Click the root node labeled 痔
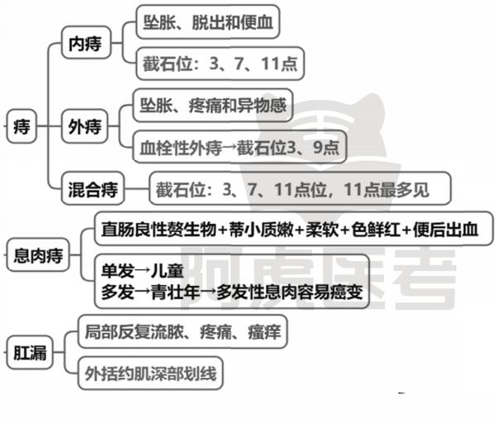22,126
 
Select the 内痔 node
86,42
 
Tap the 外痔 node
85,127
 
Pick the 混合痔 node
93,189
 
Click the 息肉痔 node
38,254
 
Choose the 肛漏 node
30,352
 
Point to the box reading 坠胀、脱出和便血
208,22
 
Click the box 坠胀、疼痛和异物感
212,105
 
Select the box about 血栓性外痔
240,147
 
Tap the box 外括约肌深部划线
151,373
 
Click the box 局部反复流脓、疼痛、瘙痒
182,331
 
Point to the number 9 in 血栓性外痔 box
319,147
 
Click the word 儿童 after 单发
168,270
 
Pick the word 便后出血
445,230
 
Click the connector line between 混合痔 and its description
137,189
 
